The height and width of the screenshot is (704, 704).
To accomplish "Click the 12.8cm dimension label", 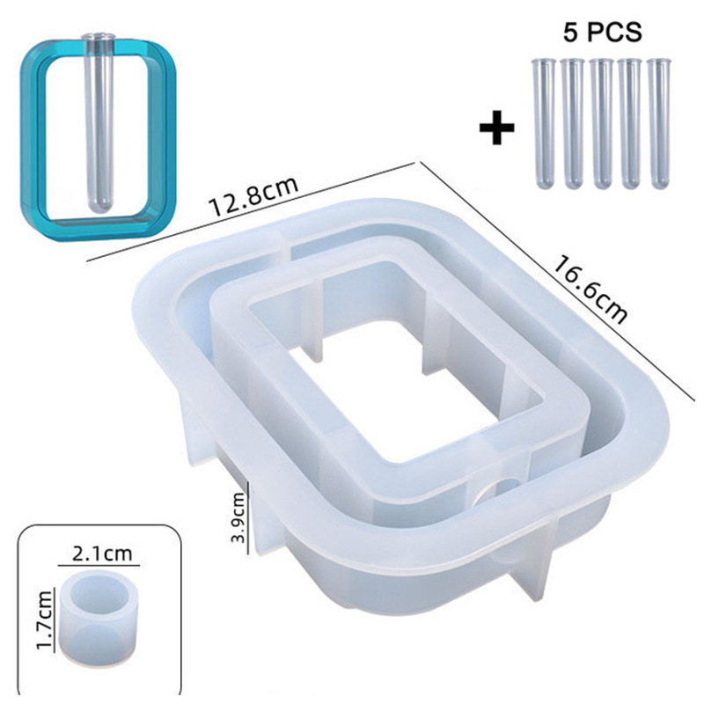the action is coord(253,197).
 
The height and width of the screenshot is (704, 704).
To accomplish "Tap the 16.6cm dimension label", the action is coord(590,290).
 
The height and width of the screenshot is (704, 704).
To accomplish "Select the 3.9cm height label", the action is coord(238,517).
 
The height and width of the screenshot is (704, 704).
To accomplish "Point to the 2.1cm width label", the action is coord(102,554).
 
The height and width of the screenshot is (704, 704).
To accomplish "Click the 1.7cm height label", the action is coord(45,620).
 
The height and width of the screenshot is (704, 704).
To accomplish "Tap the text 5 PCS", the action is coord(603,33).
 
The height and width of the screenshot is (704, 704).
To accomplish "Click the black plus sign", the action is coord(496,128).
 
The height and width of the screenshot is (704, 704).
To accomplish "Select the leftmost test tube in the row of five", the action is coord(544,122).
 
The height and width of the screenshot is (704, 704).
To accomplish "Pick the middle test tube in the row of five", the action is coord(601,122).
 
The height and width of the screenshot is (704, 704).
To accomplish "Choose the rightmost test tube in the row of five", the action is coord(658,123).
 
